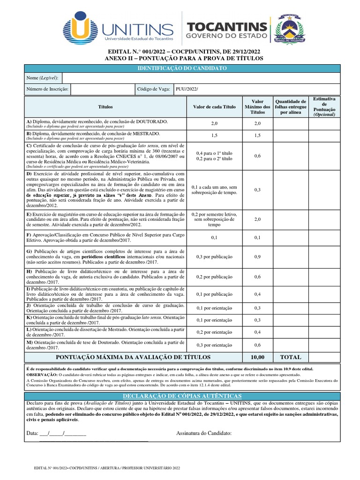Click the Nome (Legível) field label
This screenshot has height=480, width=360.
tap(42, 78)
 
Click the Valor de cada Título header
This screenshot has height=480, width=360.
tap(214, 107)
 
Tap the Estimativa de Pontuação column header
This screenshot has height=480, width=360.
tap(324, 107)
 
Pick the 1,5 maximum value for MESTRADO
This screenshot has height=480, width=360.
tap(257, 135)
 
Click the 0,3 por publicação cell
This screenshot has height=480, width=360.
tap(214, 256)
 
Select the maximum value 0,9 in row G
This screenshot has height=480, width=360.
tap(257, 256)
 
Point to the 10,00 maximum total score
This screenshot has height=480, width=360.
tap(257, 357)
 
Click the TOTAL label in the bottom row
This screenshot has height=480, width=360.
tap(291, 357)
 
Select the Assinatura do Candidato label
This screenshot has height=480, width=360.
tap(204, 433)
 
